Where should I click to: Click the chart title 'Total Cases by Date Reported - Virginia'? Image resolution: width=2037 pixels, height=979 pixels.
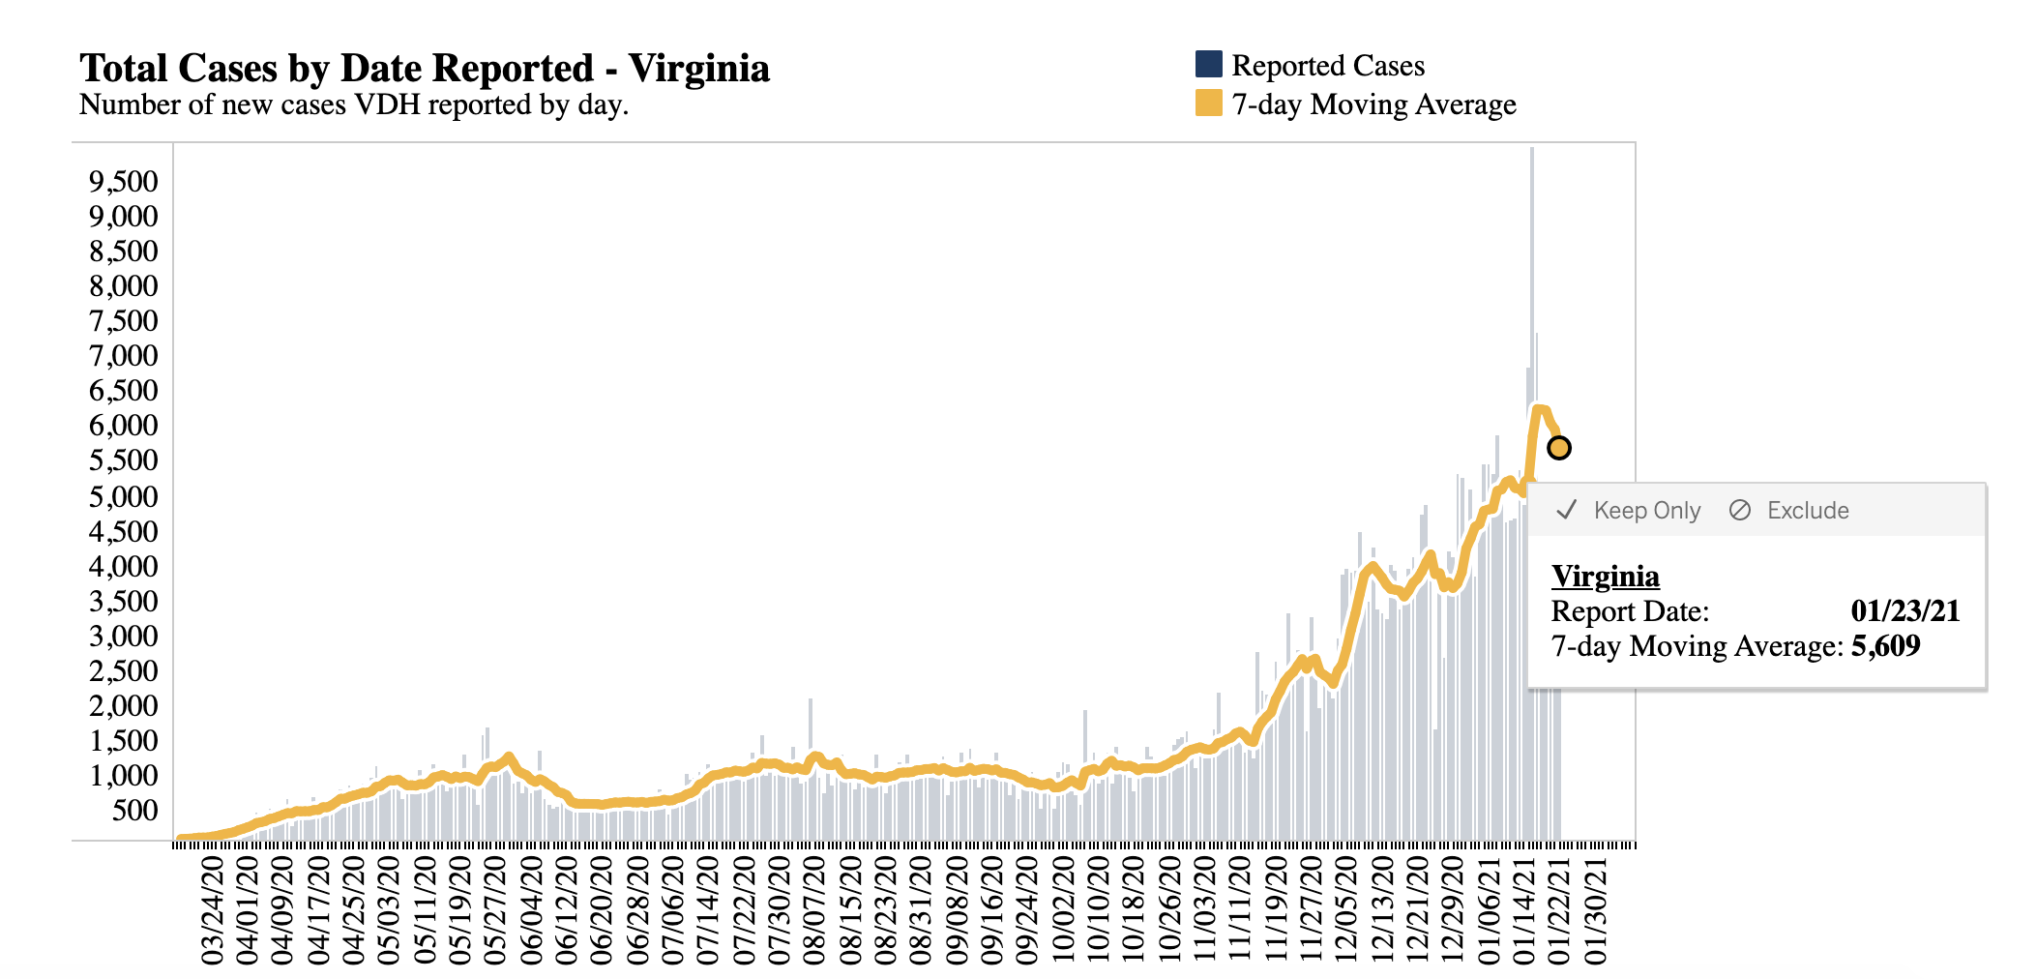425,69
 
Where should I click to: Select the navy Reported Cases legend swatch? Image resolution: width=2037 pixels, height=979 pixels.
1208,65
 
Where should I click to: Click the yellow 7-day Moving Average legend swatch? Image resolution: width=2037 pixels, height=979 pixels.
1208,104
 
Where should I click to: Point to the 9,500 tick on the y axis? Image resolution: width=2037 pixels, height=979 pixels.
123,181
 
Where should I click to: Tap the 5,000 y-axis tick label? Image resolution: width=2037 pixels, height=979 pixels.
123,496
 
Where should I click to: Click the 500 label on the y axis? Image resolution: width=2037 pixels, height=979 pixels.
134,810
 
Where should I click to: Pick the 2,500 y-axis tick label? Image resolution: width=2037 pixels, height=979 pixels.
123,670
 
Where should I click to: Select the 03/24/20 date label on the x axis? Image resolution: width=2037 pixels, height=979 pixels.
213,909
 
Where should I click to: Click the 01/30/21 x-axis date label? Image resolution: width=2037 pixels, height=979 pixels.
1596,909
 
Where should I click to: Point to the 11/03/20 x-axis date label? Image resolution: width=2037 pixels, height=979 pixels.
1205,909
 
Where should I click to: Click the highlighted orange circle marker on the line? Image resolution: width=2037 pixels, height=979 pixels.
1558,448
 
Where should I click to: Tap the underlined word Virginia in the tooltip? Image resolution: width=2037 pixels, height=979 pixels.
1605,577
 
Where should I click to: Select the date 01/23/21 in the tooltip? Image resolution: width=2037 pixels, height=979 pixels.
1904,611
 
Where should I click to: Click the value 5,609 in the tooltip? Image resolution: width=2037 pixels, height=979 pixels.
1885,646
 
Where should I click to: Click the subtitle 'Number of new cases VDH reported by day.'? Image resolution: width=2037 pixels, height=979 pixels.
354,104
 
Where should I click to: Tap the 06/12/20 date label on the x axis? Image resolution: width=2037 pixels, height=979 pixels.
567,909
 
